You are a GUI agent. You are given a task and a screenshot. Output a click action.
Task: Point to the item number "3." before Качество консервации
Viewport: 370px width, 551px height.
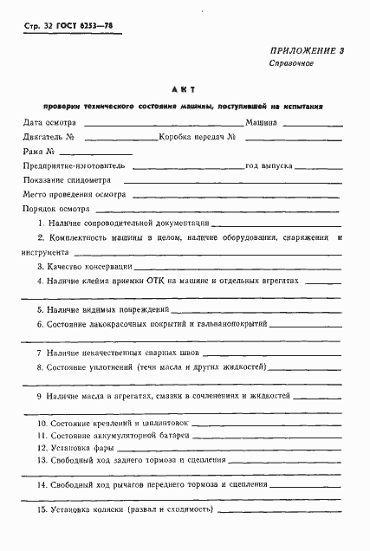[41, 268]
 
